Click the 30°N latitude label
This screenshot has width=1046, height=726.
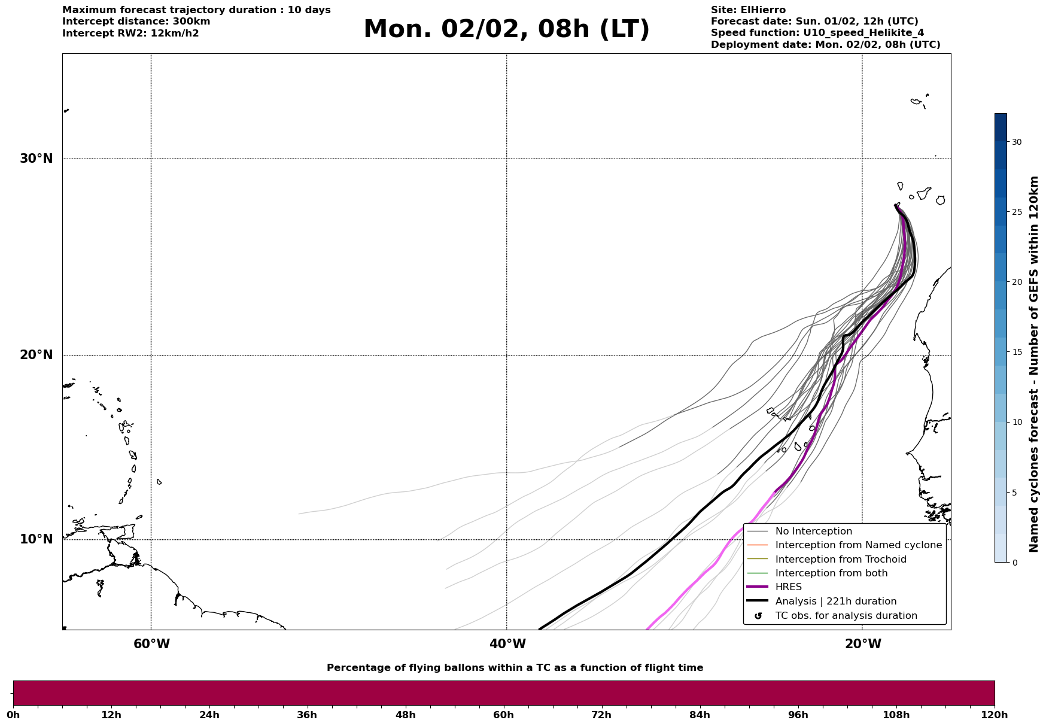pos(36,159)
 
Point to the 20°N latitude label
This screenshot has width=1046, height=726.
pos(36,355)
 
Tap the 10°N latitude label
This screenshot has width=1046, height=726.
pos(36,539)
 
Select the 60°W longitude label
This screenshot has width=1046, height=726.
pos(151,644)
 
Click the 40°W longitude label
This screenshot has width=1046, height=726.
pos(507,644)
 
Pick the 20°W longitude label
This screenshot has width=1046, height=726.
pos(863,644)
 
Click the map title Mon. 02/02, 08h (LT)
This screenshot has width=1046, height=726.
pos(506,29)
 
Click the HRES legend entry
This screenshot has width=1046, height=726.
pos(788,587)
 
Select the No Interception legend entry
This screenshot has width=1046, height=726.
pos(813,531)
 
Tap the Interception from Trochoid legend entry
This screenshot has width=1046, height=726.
pos(840,560)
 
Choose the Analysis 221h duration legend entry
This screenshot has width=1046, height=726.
pos(835,602)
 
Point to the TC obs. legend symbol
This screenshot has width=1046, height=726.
pos(758,616)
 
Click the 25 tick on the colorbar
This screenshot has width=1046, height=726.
pos(1016,212)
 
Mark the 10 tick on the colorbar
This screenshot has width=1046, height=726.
pos(1016,422)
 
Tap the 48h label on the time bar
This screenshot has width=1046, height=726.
pos(405,715)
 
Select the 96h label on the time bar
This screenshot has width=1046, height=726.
pos(798,715)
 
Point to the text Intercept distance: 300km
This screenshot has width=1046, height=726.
pos(136,22)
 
